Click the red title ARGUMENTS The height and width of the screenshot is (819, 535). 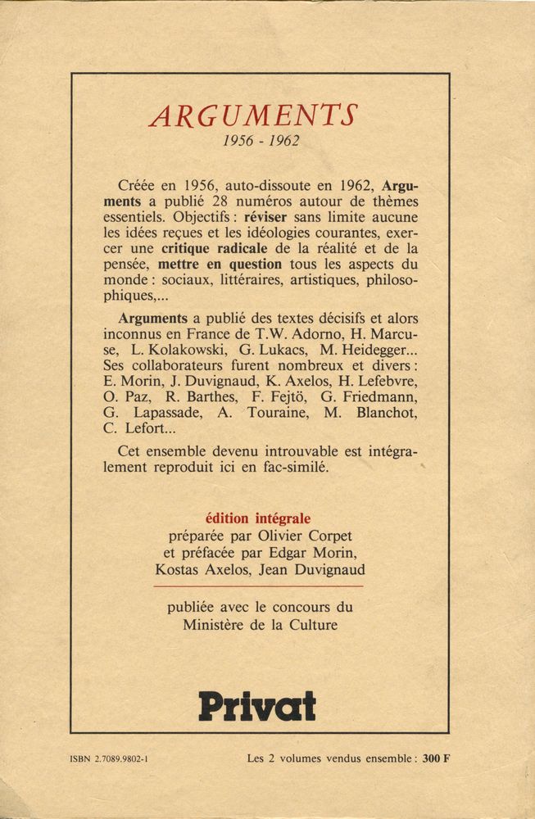pyautogui.click(x=253, y=115)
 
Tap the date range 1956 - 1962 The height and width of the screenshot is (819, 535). pyautogui.click(x=261, y=141)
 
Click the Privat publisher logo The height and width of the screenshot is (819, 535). pyautogui.click(x=257, y=705)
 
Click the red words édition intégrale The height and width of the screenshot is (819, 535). pyautogui.click(x=258, y=518)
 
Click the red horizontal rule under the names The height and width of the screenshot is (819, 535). pyautogui.click(x=258, y=586)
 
